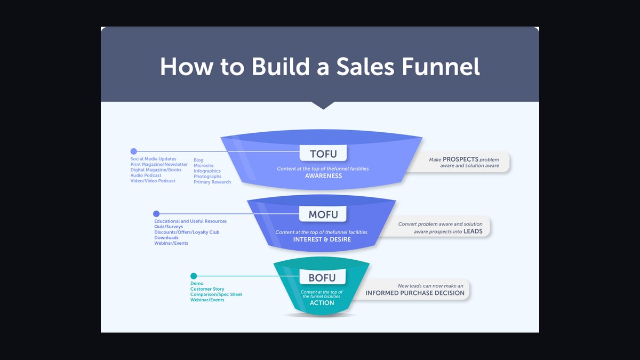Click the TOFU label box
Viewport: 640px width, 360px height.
(x=323, y=153)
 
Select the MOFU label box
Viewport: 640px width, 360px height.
(x=323, y=214)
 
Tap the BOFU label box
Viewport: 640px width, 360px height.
(x=322, y=277)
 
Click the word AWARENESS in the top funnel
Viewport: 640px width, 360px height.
(x=323, y=175)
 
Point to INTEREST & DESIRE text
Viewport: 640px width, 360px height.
(x=322, y=239)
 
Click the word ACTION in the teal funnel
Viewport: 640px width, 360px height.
(x=322, y=302)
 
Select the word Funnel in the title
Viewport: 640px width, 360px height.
(x=441, y=67)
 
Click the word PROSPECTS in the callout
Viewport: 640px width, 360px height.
(x=460, y=159)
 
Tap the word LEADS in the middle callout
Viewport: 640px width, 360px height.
(x=473, y=231)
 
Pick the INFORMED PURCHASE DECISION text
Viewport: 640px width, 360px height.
(x=415, y=293)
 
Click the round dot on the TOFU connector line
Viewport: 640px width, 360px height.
(x=134, y=151)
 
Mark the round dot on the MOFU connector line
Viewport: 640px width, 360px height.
(x=156, y=213)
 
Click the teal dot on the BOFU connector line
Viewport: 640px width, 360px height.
(x=194, y=276)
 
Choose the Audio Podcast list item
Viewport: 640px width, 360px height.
(x=146, y=175)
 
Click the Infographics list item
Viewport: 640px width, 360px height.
(x=207, y=171)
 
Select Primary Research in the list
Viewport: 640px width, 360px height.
(x=212, y=182)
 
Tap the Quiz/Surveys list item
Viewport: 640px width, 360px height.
(x=169, y=227)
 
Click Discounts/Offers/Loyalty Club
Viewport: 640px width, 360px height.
(x=187, y=232)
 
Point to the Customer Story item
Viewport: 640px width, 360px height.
(x=207, y=289)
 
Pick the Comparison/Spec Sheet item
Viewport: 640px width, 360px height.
(x=216, y=294)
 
